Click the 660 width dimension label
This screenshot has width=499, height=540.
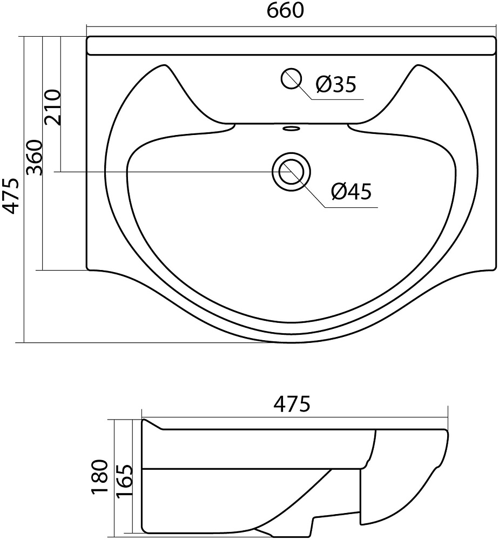click(x=286, y=10)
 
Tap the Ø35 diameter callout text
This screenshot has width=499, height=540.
click(x=336, y=84)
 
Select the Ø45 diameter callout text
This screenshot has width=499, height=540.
click(x=351, y=192)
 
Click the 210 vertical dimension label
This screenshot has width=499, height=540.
click(x=53, y=107)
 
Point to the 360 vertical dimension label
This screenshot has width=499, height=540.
click(x=35, y=158)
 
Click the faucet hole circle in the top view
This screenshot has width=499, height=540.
click(x=291, y=78)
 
